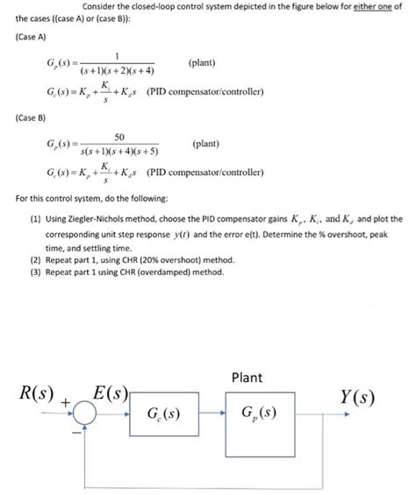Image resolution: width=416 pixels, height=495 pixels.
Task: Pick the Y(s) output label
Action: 359,397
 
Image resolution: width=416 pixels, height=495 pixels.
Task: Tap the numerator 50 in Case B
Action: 120,137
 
